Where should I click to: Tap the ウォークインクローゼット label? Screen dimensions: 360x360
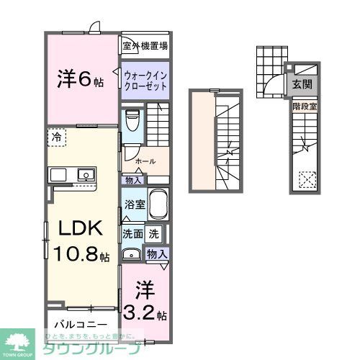click(x=145, y=78)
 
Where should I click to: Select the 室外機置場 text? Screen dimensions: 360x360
click(x=145, y=47)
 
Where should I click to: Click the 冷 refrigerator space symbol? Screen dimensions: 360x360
click(x=55, y=134)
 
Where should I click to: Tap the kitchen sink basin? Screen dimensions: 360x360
click(x=86, y=174)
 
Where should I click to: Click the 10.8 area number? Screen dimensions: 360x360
click(x=74, y=256)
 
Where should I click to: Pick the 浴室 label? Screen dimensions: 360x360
click(x=135, y=204)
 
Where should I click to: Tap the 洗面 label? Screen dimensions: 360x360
click(x=131, y=234)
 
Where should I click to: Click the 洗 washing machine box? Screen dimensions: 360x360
click(x=154, y=234)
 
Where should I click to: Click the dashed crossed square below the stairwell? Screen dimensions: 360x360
click(x=307, y=177)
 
